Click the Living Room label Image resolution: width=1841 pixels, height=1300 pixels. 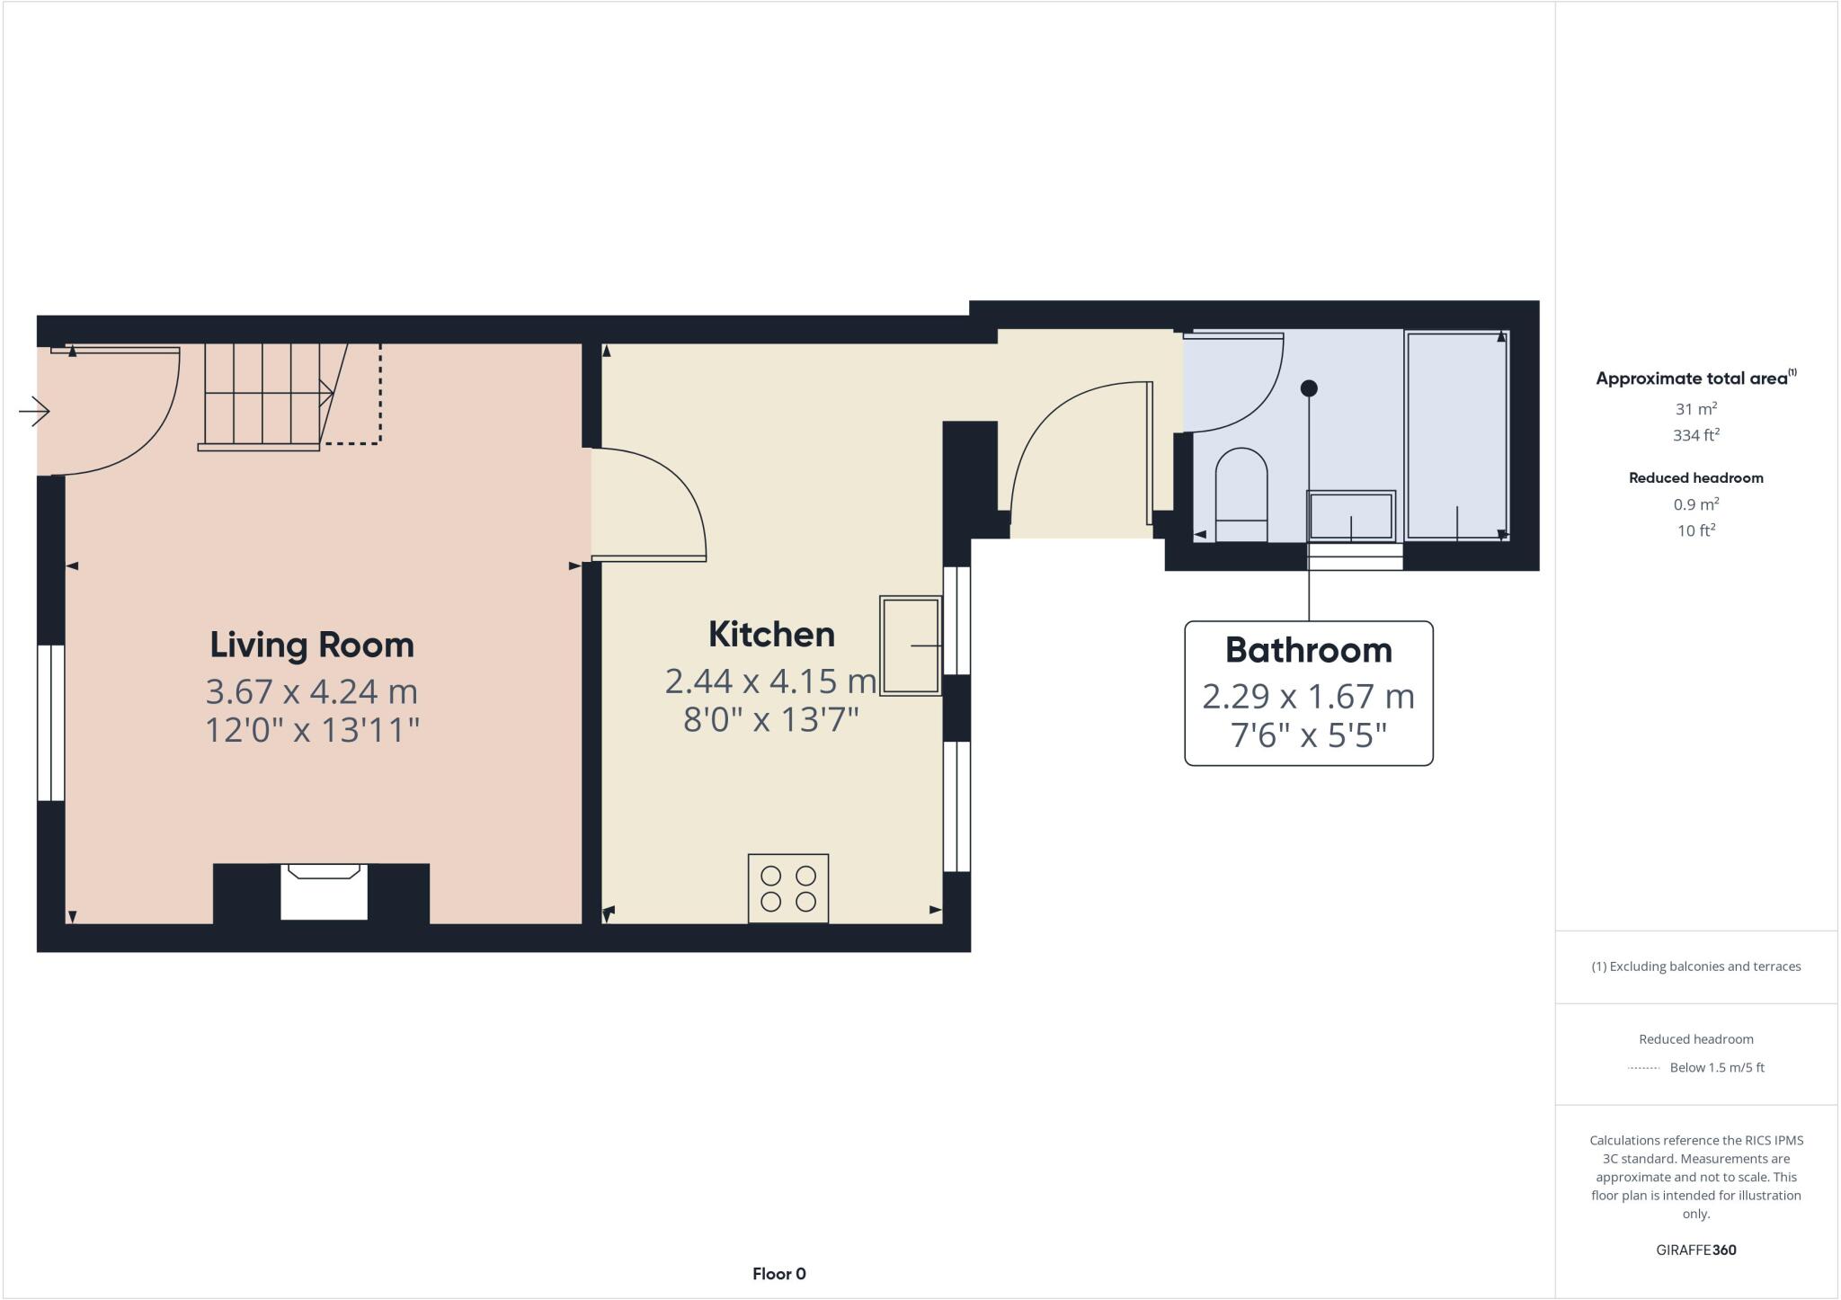click(312, 645)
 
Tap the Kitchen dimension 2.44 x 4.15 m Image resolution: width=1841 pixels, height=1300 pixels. click(770, 681)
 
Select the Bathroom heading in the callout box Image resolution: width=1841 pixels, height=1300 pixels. click(1308, 650)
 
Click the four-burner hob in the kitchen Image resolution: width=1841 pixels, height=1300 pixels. click(788, 888)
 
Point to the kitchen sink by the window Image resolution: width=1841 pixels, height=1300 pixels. click(911, 646)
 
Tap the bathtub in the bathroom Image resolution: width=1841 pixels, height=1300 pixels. click(1456, 436)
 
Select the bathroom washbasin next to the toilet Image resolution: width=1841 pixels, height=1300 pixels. click(1351, 517)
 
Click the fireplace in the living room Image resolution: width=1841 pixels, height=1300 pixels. click(324, 891)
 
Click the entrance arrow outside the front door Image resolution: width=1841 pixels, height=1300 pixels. click(34, 411)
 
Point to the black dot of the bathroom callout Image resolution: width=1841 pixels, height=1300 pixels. click(1309, 388)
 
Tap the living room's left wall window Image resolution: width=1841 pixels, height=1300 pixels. click(50, 722)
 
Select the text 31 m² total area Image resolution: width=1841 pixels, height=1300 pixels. click(1695, 409)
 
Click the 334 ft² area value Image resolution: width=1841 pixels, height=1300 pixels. click(1695, 435)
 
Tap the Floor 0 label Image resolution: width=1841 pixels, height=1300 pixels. click(778, 1274)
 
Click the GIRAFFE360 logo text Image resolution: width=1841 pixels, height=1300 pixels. click(1695, 1250)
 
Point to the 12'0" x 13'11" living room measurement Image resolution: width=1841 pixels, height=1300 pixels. click(312, 730)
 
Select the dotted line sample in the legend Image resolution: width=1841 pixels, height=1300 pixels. click(1643, 1068)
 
